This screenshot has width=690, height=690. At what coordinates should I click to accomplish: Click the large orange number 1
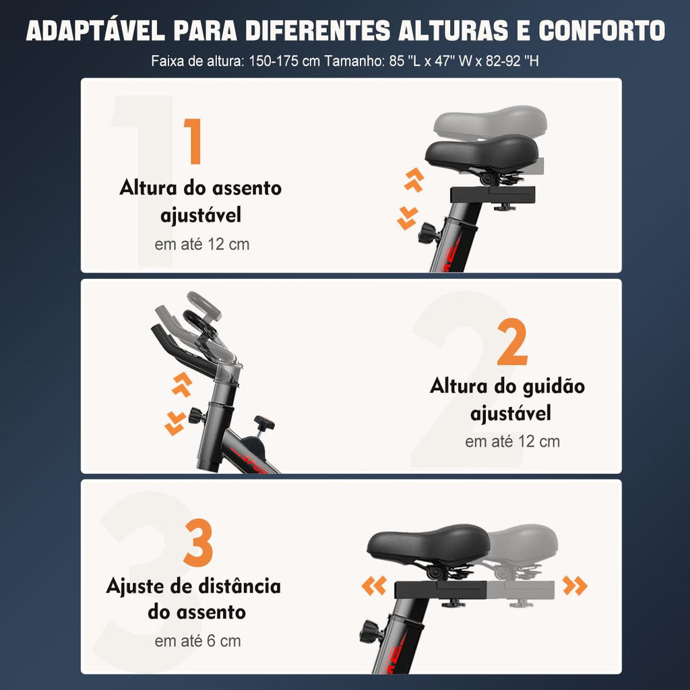tap(193, 142)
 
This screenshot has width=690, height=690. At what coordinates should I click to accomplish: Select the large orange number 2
tap(512, 343)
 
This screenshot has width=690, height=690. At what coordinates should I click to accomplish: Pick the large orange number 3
tap(198, 542)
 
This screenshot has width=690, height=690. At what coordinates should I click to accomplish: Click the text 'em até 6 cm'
tap(197, 641)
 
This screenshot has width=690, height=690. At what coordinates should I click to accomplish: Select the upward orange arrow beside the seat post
tap(414, 180)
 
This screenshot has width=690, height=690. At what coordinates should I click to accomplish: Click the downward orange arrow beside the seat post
tap(407, 218)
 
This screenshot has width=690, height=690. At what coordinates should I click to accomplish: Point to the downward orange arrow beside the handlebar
tap(175, 422)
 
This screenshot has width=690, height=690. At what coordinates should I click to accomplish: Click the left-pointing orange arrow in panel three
tap(374, 586)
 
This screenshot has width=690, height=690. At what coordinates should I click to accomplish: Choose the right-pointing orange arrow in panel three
tap(575, 586)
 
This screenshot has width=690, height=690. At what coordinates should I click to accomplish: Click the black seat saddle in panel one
tap(481, 154)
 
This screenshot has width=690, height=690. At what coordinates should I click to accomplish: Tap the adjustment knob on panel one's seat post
tap(428, 233)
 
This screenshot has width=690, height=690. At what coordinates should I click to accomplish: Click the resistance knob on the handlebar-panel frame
tap(263, 425)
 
